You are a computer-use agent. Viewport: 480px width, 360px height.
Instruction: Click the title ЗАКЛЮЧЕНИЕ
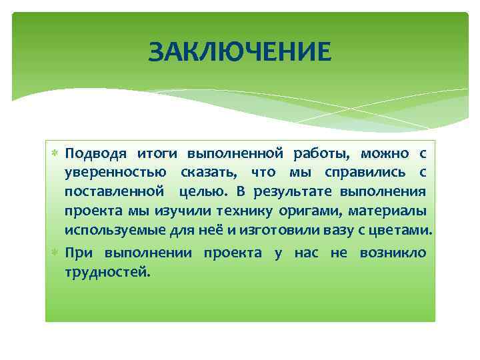(239, 51)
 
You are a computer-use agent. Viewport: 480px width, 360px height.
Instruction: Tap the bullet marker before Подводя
(57, 154)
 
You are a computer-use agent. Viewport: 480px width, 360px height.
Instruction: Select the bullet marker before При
(57, 253)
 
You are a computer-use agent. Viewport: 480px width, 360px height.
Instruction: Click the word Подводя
(92, 153)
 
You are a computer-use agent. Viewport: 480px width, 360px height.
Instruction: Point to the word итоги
(157, 153)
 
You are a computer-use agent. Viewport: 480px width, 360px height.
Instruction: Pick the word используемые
(110, 231)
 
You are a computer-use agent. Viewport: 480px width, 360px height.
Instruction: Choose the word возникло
(393, 253)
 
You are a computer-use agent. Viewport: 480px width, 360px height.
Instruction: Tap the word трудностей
(107, 272)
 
